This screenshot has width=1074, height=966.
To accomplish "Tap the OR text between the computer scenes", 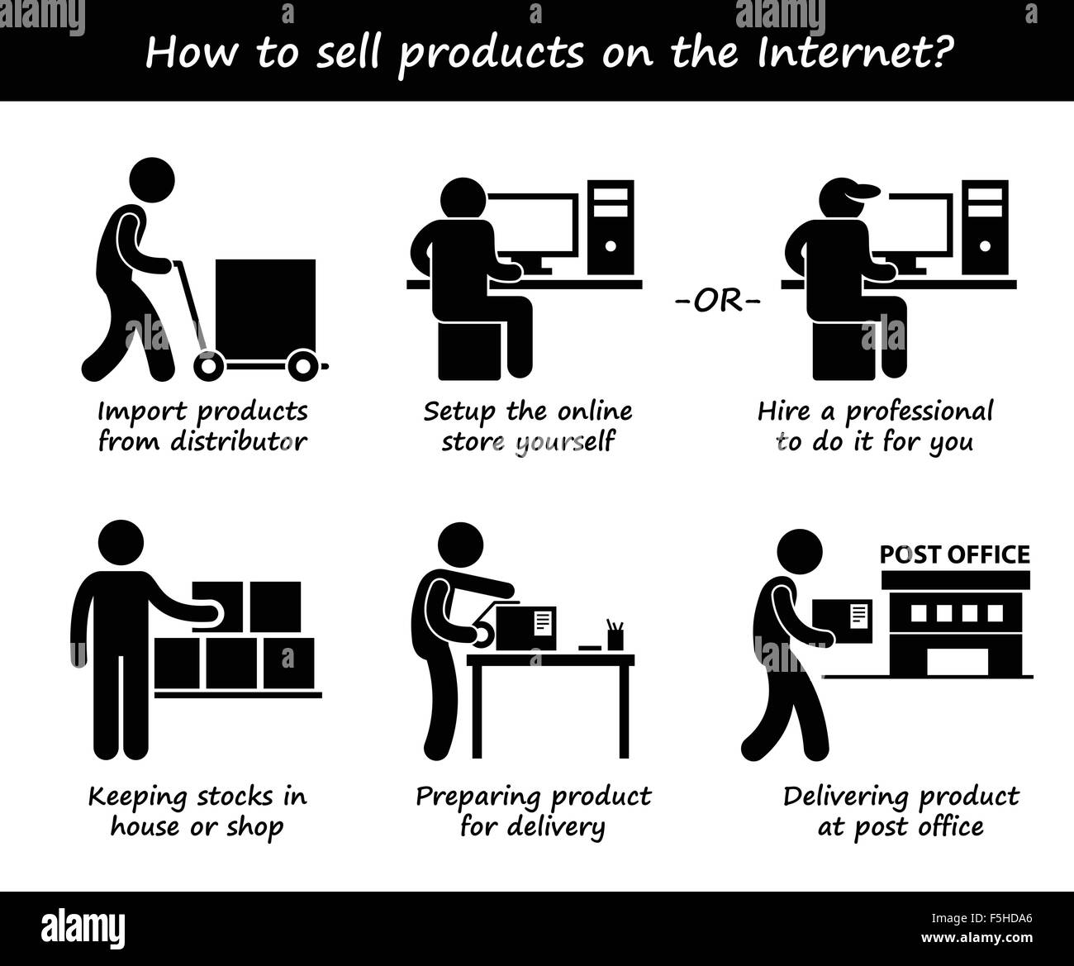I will pos(717,300).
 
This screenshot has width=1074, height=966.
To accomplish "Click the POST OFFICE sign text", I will pos(954,554).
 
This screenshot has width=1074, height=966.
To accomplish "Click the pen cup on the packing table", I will pos(614,637).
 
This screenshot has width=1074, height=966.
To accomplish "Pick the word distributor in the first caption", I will pos(238,441).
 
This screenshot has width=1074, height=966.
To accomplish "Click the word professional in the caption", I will pos(919,412).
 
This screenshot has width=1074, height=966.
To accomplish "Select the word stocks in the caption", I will pos(240,797).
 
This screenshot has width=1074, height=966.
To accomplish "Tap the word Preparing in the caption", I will pos(479,797).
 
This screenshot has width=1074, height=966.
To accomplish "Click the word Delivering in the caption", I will pos(848,797).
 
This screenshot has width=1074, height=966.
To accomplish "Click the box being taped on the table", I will pos(525,626).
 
